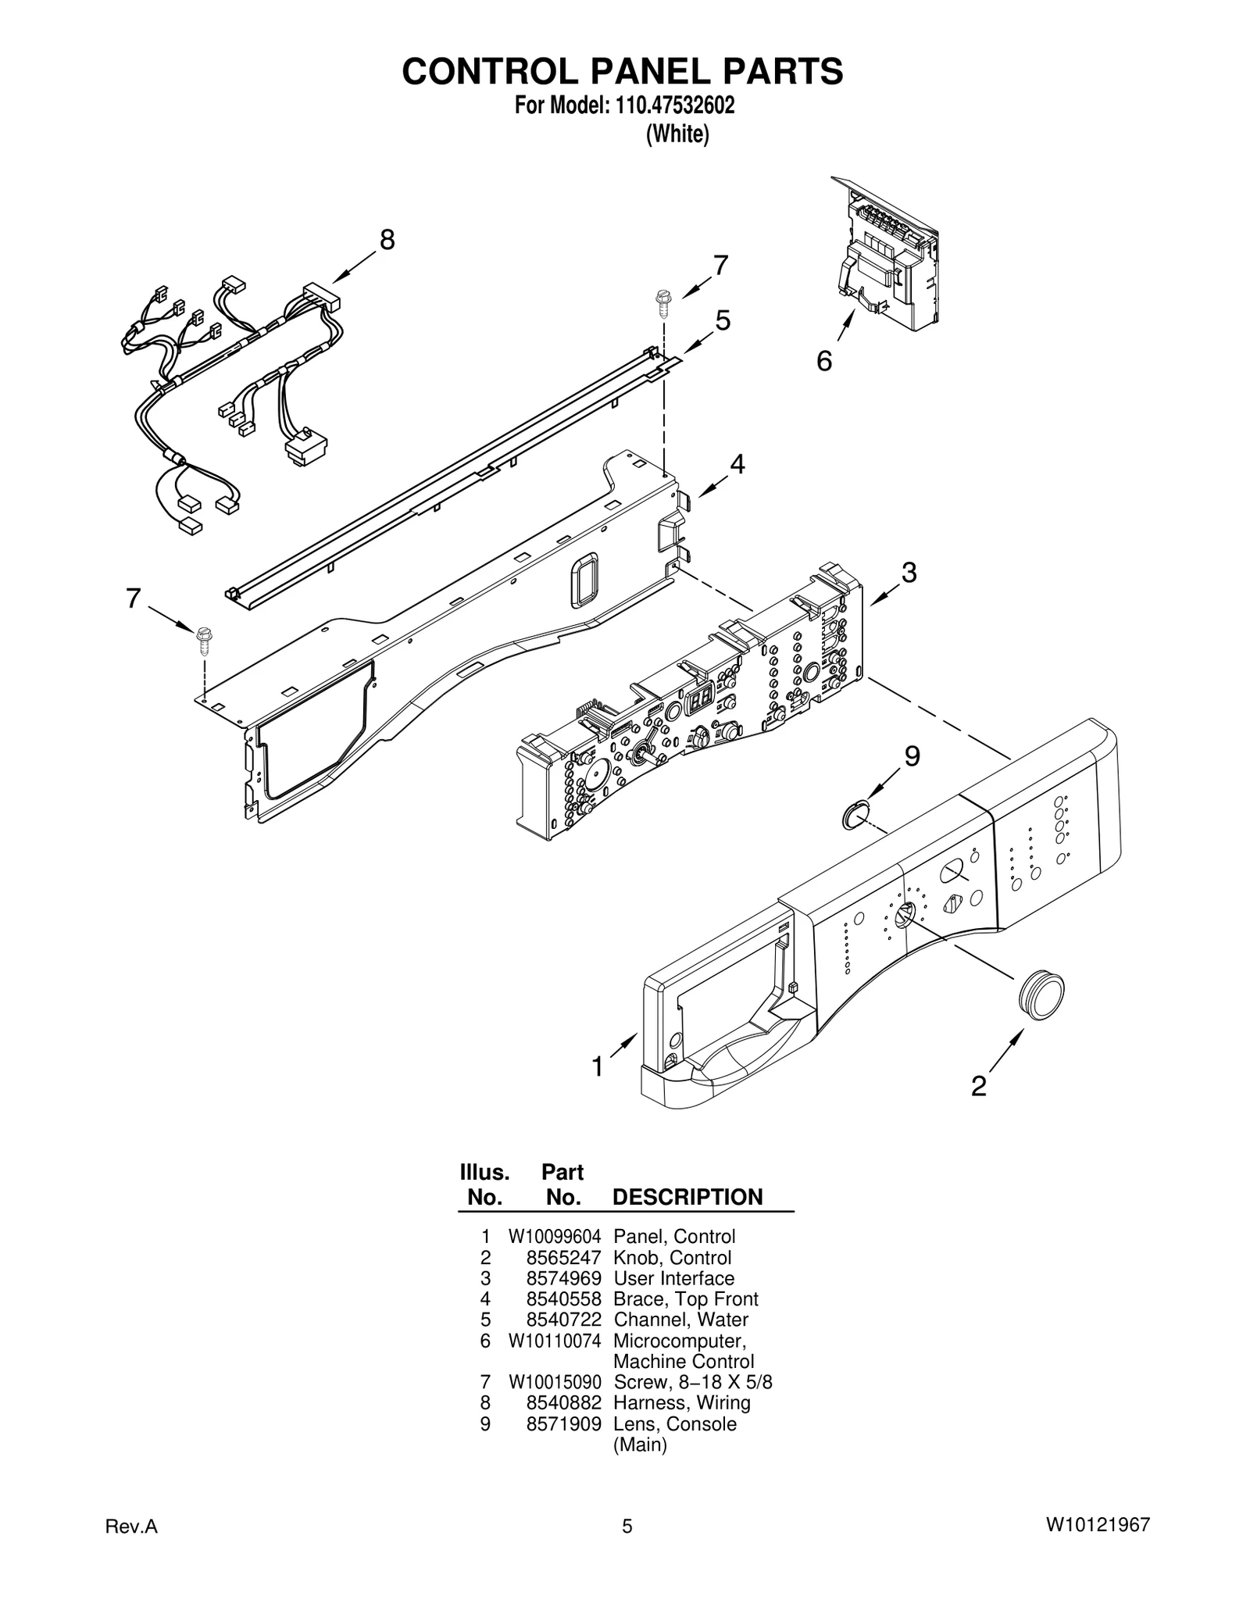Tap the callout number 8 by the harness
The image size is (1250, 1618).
[387, 241]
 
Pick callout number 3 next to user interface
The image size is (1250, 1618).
[909, 573]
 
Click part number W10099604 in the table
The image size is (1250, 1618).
[554, 1237]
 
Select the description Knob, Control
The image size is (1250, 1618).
[672, 1258]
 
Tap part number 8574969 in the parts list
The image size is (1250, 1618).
[563, 1279]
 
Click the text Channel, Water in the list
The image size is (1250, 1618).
[680, 1320]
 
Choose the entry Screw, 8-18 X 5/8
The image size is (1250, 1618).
[692, 1382]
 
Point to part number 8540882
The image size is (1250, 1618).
[563, 1402]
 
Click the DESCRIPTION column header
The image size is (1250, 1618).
[687, 1198]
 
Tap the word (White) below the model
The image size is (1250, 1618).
[677, 134]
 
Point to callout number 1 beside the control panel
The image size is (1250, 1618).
[598, 1066]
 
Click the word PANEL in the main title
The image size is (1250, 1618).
[632, 71]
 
